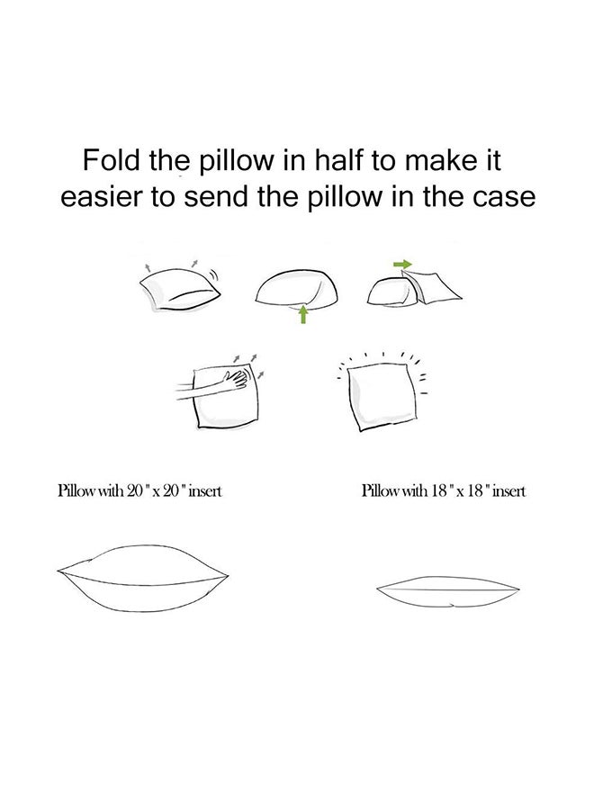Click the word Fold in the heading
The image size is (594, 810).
click(112, 160)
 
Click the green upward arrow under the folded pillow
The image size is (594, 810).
click(303, 314)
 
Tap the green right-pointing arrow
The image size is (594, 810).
click(403, 265)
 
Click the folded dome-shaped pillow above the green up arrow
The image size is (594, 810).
click(297, 288)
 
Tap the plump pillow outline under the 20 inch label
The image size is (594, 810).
click(143, 578)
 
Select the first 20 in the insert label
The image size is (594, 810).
click(134, 490)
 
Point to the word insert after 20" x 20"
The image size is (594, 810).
click(204, 490)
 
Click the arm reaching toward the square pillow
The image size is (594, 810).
click(200, 390)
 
